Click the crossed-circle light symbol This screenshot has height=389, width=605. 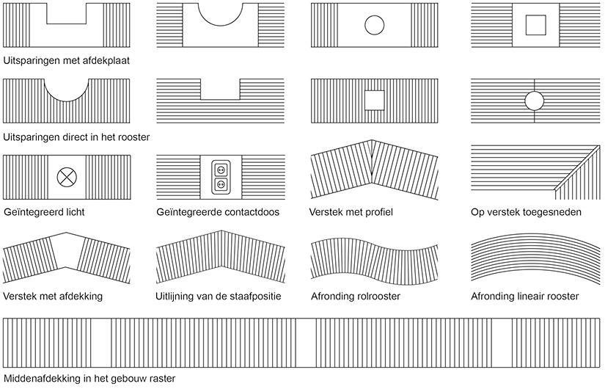(x=67, y=178)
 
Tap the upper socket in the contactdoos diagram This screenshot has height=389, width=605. (x=221, y=170)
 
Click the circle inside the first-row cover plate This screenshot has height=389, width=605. (x=374, y=25)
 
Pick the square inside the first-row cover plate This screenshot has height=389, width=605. (x=535, y=25)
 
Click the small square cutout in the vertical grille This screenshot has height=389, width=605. (x=375, y=101)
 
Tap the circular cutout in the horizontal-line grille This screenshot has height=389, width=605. (x=535, y=101)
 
